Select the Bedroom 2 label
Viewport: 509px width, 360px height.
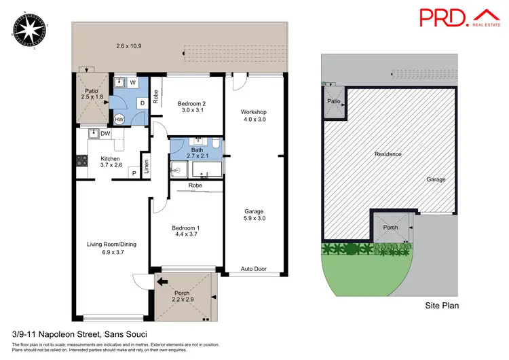pyautogui.click(x=191, y=104)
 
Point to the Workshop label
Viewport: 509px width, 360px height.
pyautogui.click(x=254, y=111)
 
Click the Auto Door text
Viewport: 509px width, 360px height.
pyautogui.click(x=254, y=270)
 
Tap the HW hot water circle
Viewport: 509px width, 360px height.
pyautogui.click(x=119, y=120)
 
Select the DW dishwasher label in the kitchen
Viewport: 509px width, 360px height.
pyautogui.click(x=105, y=134)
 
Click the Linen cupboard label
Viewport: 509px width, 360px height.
pyautogui.click(x=145, y=165)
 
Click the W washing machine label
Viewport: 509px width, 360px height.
pyautogui.click(x=133, y=83)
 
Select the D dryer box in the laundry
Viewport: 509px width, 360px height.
pyautogui.click(x=143, y=103)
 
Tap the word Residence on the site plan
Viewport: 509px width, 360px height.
pyautogui.click(x=388, y=154)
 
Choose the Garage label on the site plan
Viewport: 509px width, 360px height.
pyautogui.click(x=436, y=179)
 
